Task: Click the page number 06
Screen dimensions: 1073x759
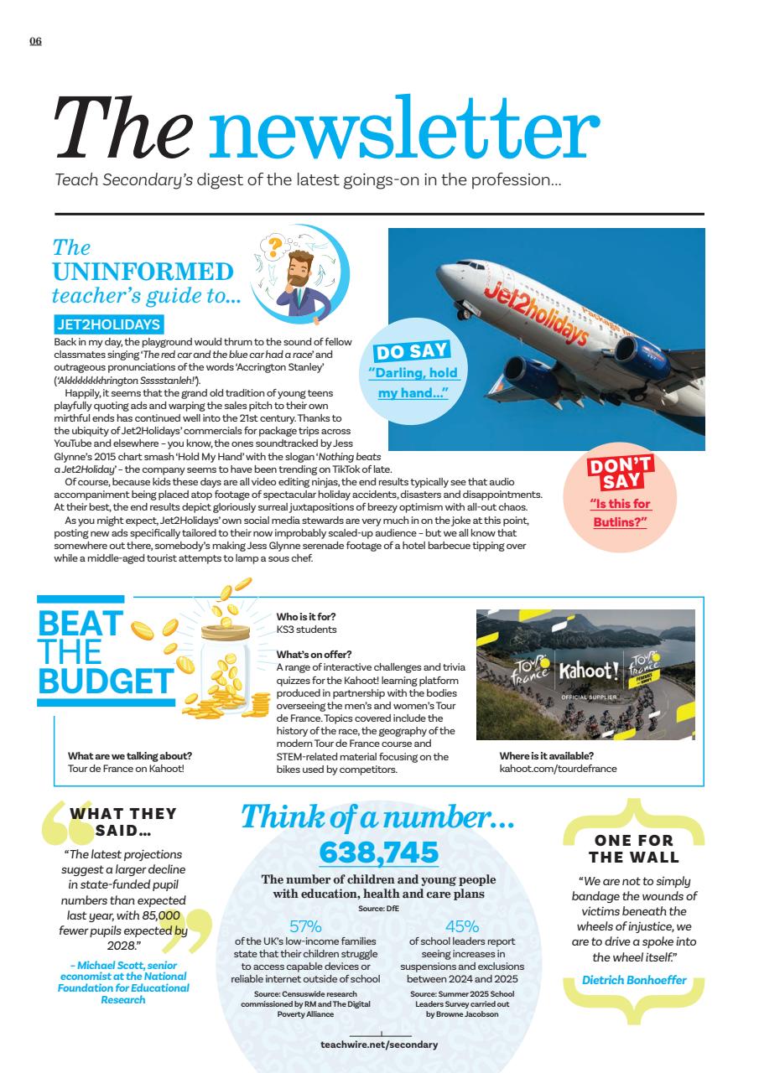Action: point(35,42)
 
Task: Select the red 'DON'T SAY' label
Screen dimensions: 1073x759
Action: point(621,474)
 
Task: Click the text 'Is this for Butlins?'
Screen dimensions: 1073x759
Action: point(621,513)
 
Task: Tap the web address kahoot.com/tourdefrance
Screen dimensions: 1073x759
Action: point(558,768)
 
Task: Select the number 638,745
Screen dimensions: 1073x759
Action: point(379,853)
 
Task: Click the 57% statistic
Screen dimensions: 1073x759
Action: point(305,926)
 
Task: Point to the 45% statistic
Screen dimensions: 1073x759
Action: point(462,926)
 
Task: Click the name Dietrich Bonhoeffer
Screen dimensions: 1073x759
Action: point(634,980)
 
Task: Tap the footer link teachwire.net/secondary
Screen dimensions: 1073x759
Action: point(379,1044)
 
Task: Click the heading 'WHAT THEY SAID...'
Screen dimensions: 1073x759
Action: point(123,822)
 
